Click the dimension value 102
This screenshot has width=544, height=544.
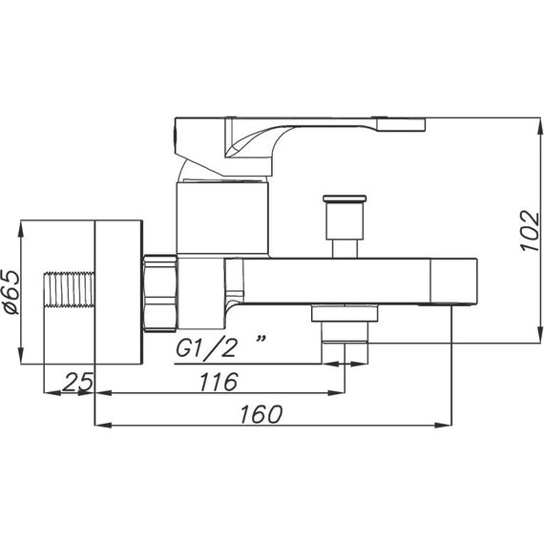coord(530,230)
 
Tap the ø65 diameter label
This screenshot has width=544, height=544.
coord(13,292)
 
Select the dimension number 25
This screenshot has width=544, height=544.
coord(79,382)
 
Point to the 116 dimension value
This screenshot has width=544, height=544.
coord(220,382)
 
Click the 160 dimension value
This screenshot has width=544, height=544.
coord(261,414)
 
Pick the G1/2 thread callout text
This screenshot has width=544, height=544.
coord(206,348)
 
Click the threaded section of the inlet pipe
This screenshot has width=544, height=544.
coord(70,290)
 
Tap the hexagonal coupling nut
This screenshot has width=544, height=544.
coord(160,293)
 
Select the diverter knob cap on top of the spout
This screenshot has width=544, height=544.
coord(345,199)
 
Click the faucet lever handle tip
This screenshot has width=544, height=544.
coord(401,124)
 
